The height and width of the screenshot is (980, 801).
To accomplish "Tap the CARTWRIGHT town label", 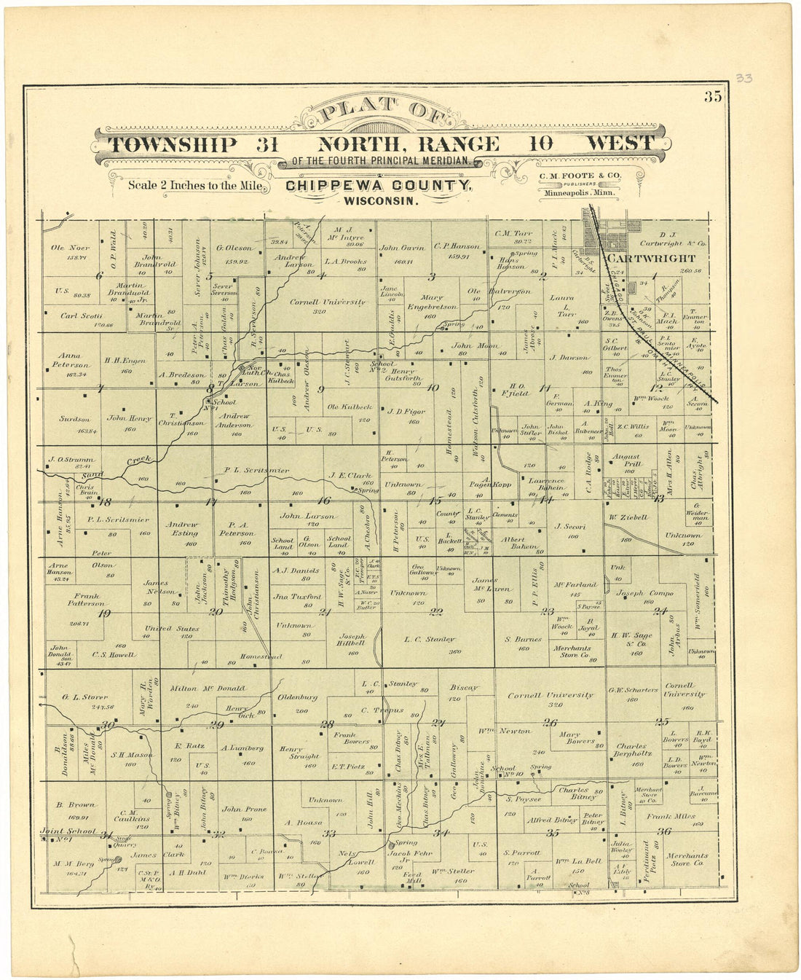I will [652, 258].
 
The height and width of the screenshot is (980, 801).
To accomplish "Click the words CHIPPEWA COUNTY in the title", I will [378, 186].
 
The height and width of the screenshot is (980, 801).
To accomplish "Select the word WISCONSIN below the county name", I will [381, 200].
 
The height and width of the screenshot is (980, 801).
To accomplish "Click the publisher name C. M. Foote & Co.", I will [580, 176].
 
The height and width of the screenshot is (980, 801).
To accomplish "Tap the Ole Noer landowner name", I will [71, 248].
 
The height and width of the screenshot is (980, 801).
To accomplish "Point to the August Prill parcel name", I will [626, 457].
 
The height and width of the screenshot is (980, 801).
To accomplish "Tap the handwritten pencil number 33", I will [743, 78].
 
